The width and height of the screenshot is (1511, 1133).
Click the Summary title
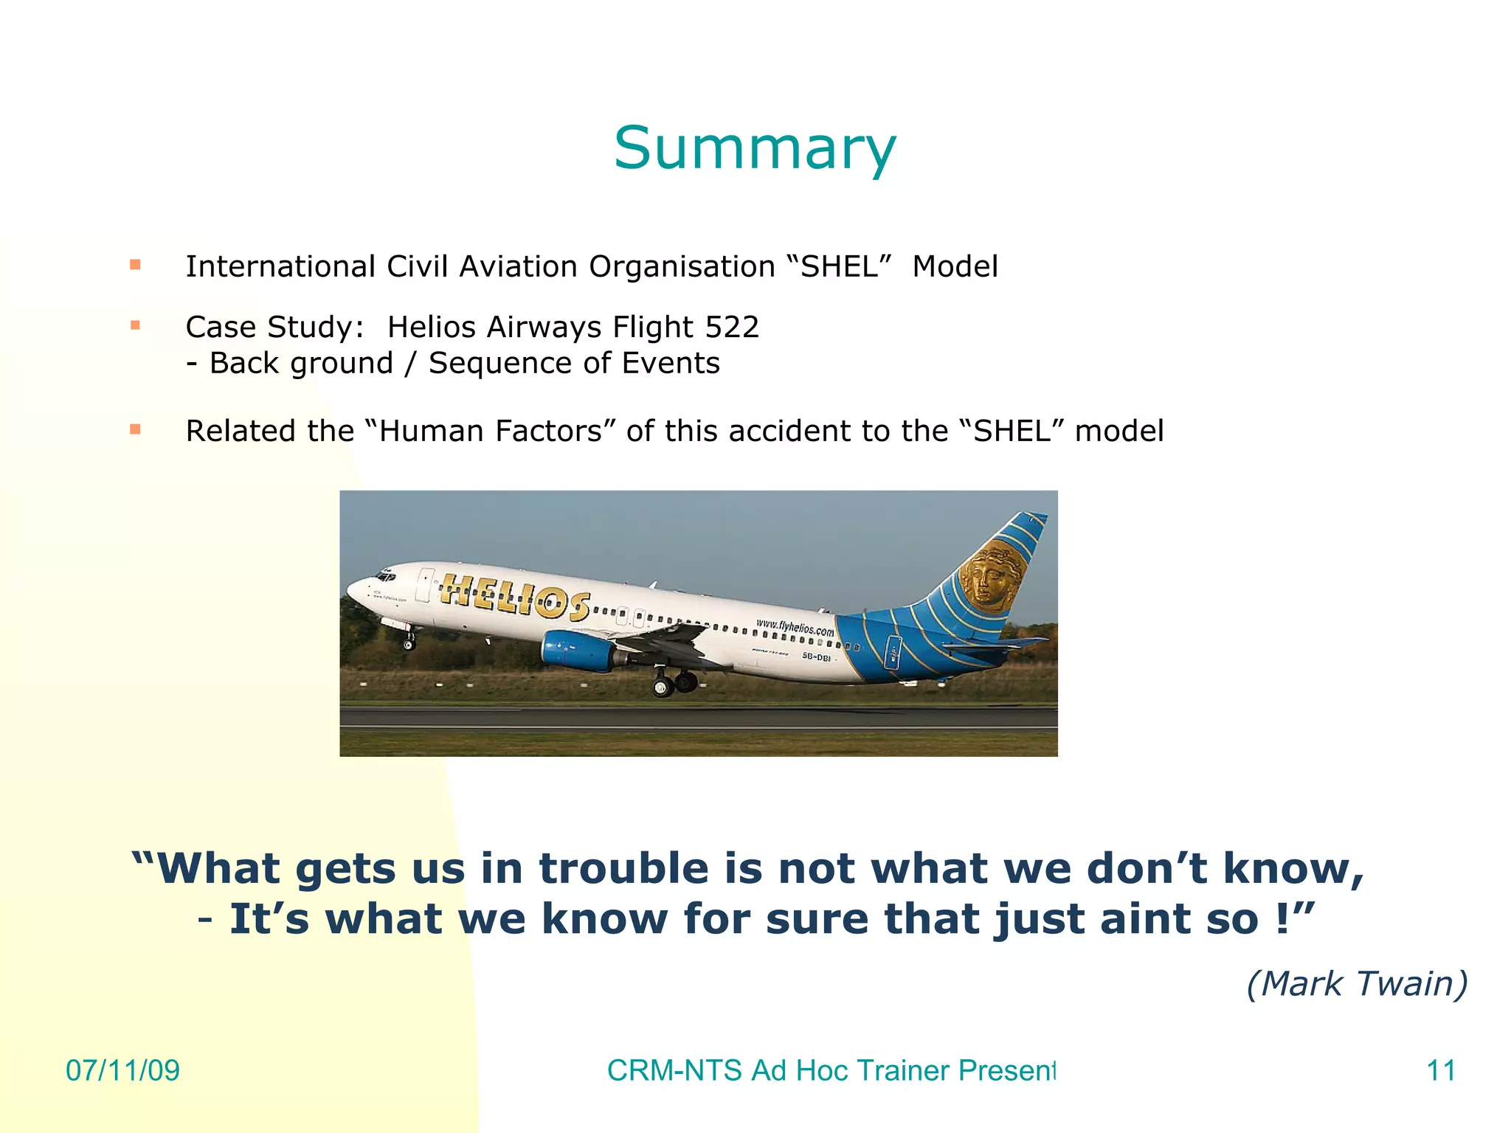point(754,148)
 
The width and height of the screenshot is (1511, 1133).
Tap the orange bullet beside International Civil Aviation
point(135,265)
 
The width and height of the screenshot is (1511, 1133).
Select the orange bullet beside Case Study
point(135,325)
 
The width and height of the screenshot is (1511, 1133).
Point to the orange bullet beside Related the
point(135,429)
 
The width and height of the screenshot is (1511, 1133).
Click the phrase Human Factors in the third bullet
point(491,431)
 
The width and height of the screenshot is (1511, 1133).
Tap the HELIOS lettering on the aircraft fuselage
point(514,596)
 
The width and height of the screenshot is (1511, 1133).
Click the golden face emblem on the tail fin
point(991,576)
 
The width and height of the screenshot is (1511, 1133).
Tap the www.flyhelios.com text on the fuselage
point(794,627)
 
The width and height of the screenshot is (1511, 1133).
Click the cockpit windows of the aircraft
point(385,575)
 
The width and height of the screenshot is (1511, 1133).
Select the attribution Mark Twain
point(1357,983)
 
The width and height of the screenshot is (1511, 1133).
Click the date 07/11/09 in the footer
point(122,1070)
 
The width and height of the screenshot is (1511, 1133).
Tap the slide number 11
point(1441,1070)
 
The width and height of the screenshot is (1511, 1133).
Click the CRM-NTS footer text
point(831,1070)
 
